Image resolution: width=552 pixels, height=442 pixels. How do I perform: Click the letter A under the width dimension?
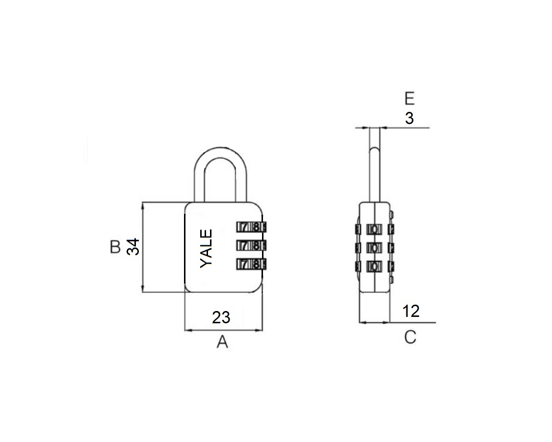point(223,342)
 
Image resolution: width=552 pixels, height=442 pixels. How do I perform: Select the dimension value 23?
point(221,317)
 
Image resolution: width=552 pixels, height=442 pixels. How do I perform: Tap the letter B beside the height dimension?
point(115,247)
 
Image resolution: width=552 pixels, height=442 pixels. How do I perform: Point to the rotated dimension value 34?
point(133,247)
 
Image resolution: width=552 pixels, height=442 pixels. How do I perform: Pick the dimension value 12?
point(411,311)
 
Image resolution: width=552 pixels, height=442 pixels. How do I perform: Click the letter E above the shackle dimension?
point(410,99)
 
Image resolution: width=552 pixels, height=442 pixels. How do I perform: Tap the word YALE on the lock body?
point(207,248)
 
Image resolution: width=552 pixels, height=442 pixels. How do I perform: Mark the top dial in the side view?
point(375,229)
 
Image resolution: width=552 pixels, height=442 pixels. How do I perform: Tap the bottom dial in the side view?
point(375,266)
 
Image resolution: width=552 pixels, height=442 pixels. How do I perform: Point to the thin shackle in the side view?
point(375,162)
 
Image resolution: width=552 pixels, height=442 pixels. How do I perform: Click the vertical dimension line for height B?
point(143,247)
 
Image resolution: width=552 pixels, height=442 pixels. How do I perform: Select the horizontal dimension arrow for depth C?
point(375,322)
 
